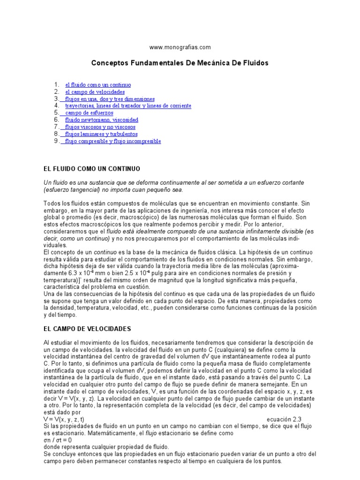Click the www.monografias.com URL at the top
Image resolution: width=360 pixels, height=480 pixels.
point(180,47)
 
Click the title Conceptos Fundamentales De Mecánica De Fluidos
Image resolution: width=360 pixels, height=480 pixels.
point(180,62)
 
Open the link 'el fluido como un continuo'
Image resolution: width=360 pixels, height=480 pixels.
point(98,85)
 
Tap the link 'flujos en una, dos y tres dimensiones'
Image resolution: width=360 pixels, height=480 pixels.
point(110,99)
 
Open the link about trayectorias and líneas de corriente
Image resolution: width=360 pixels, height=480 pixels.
point(128,106)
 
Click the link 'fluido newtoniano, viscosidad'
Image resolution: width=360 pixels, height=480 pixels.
point(102,120)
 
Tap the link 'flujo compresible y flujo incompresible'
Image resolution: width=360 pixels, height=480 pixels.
point(112,141)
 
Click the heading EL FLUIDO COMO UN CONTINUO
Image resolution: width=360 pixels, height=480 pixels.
point(91,168)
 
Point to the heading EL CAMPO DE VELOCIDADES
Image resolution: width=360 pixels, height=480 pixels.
point(87,329)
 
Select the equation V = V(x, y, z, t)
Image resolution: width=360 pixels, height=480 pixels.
point(64,419)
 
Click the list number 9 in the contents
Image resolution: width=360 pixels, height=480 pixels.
point(56,141)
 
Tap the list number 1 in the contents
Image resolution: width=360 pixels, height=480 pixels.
point(56,85)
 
